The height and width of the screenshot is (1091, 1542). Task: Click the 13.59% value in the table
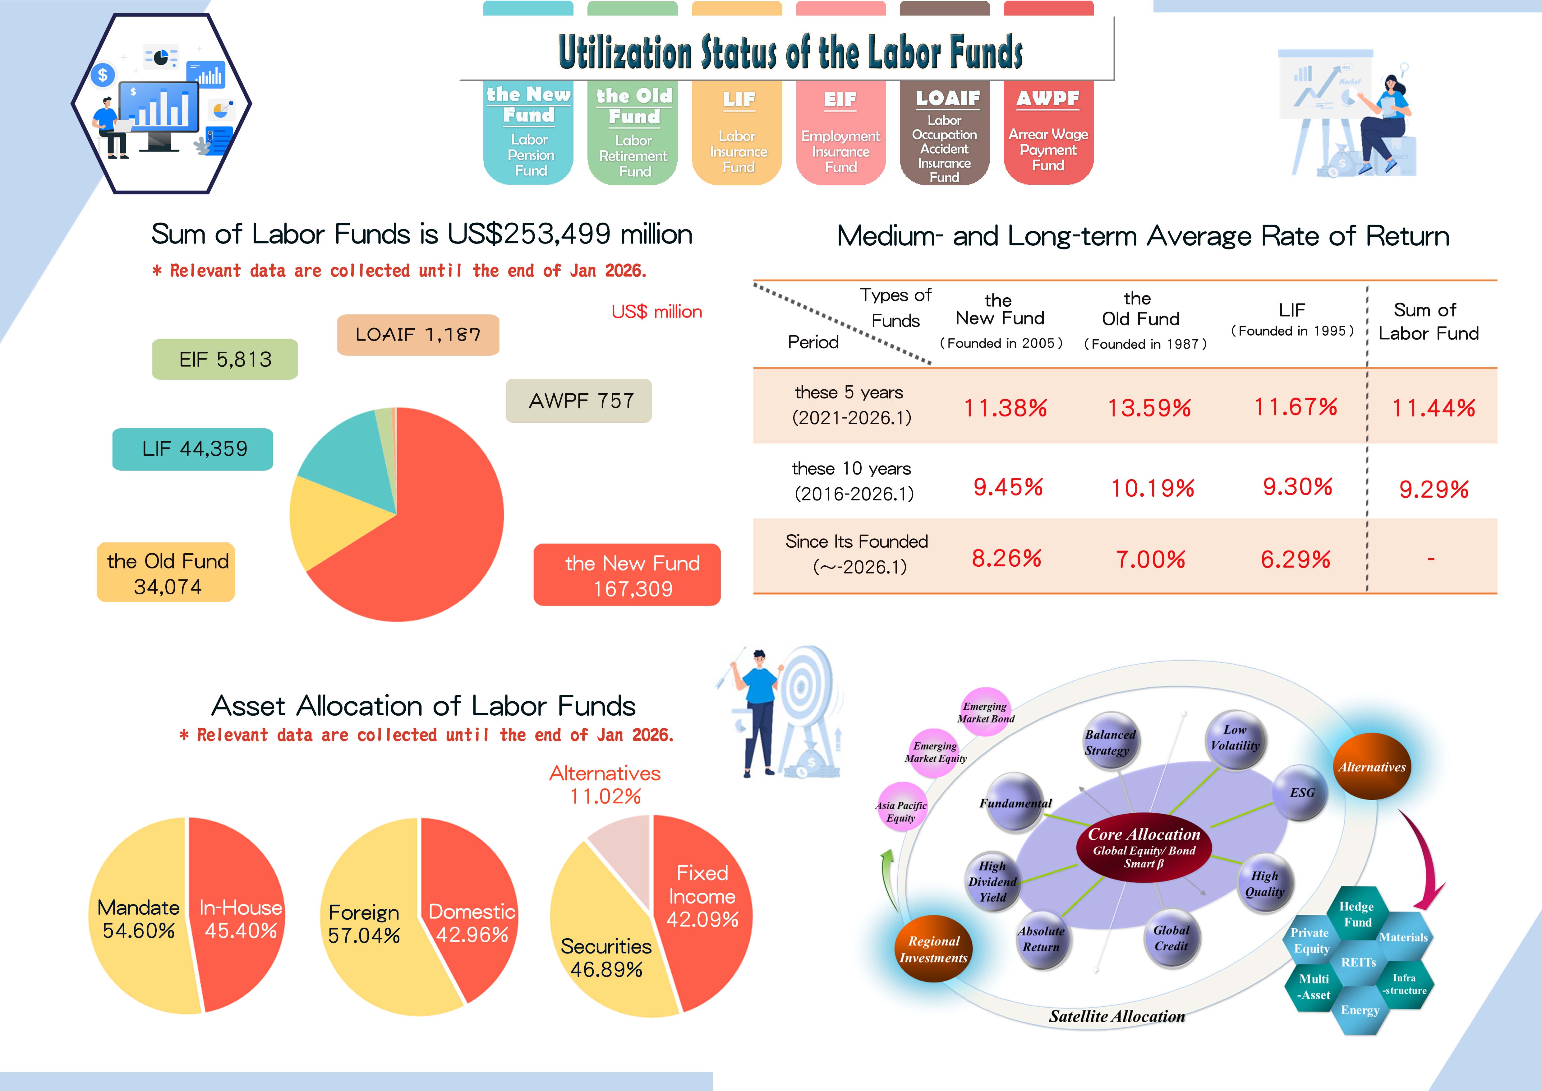coord(1149,408)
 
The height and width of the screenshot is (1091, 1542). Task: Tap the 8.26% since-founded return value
coord(1006,558)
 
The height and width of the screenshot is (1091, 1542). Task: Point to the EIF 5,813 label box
coord(225,360)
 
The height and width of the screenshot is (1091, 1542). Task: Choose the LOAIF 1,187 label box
coord(418,335)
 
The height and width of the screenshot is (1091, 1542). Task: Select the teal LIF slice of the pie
coord(349,450)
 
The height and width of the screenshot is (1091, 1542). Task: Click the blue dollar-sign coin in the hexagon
coord(103,75)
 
